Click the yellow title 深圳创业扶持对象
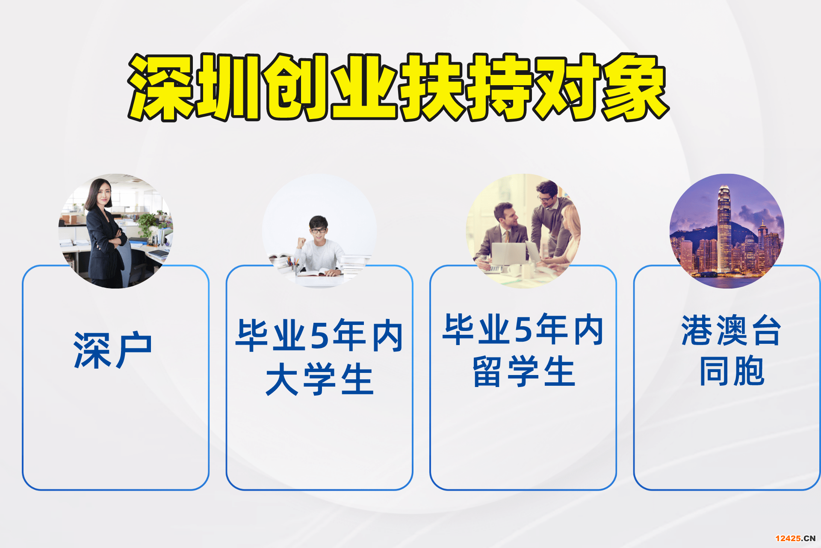point(398,87)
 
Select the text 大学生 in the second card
point(319,379)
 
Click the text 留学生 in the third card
point(523,372)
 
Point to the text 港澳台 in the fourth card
point(731,330)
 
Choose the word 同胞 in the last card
point(732,371)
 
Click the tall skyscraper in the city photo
point(724,229)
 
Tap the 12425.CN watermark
point(795,538)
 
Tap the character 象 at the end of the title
point(635,87)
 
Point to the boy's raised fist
point(301,242)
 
